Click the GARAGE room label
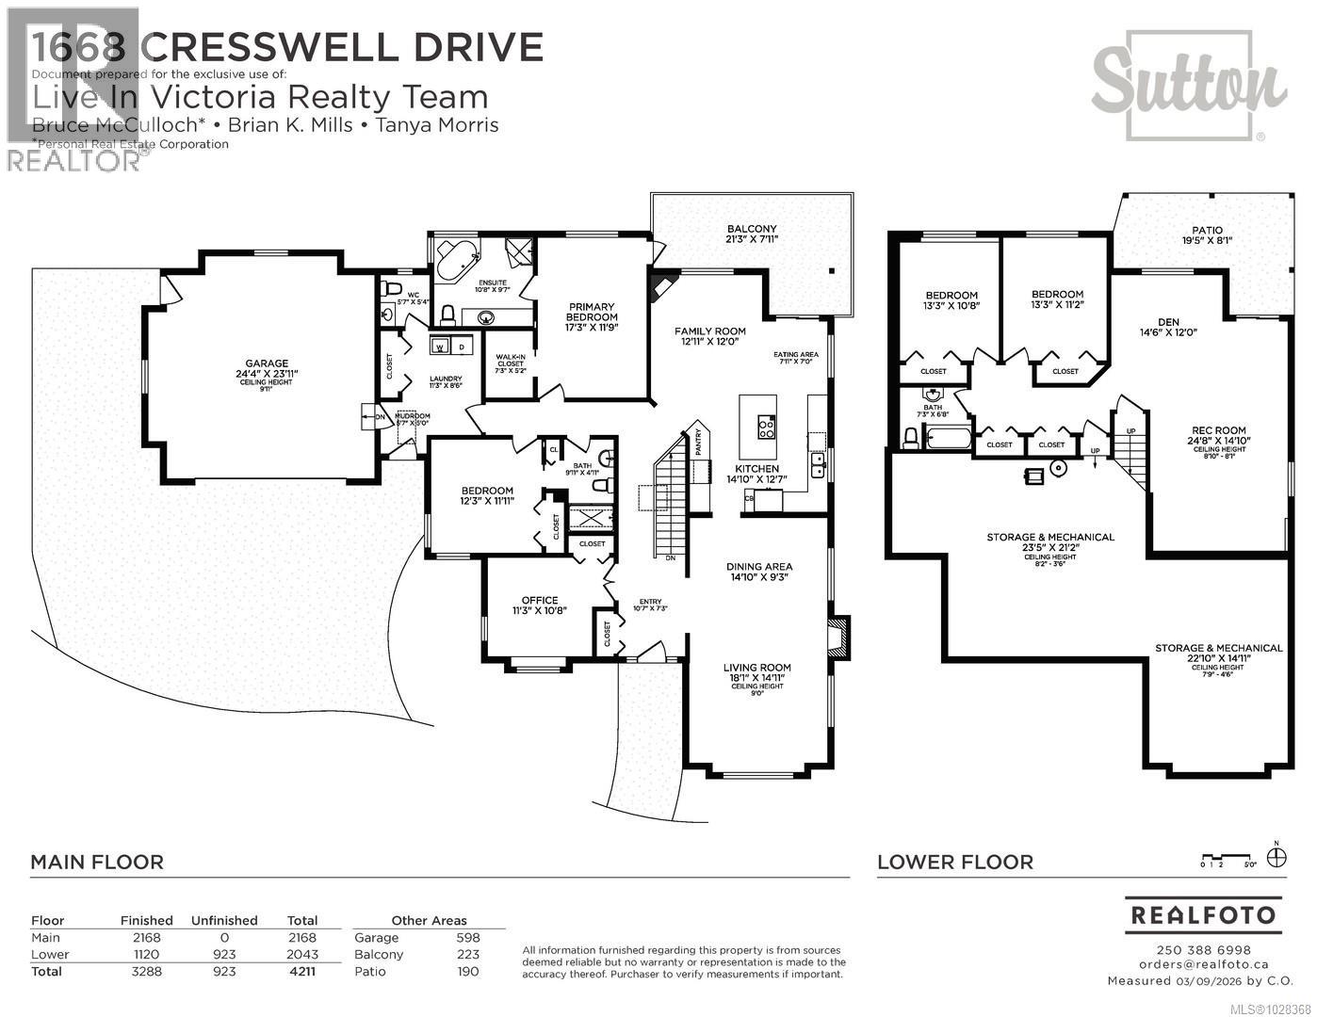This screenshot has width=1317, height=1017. pyautogui.click(x=267, y=363)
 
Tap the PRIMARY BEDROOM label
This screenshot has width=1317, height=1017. pyautogui.click(x=591, y=312)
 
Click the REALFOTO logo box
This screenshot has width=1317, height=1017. pyautogui.click(x=1202, y=914)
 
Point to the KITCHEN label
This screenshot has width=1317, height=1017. pyautogui.click(x=757, y=469)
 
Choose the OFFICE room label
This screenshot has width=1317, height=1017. pyautogui.click(x=540, y=600)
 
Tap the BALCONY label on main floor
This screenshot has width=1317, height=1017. pyautogui.click(x=751, y=229)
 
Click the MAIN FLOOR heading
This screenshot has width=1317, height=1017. pyautogui.click(x=97, y=862)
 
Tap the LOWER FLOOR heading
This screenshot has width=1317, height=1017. pyautogui.click(x=954, y=862)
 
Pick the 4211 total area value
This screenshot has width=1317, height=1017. pyautogui.click(x=301, y=971)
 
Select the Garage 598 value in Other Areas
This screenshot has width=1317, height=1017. pyautogui.click(x=467, y=937)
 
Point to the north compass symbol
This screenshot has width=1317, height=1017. pyautogui.click(x=1276, y=858)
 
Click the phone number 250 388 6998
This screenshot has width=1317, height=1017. pyautogui.click(x=1202, y=949)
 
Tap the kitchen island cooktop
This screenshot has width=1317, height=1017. pyautogui.click(x=766, y=428)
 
